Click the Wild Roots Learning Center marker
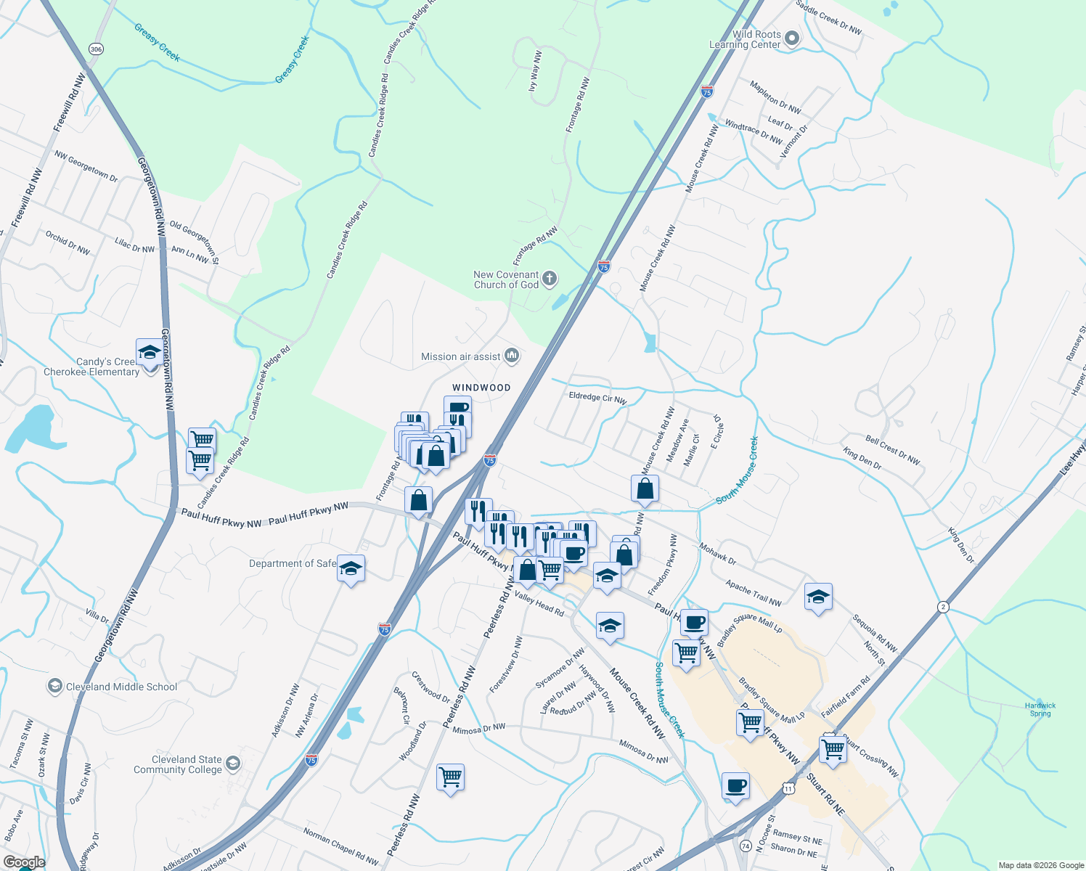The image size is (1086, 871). [x=792, y=38]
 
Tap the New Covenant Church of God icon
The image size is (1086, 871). [x=550, y=279]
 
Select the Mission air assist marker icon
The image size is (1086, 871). [x=513, y=356]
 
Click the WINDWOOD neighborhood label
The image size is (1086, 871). [x=481, y=388]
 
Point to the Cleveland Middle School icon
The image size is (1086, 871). [x=54, y=686]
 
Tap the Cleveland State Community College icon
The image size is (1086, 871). [x=232, y=763]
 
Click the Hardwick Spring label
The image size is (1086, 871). [x=1040, y=709]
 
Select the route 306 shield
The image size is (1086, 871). [x=96, y=49]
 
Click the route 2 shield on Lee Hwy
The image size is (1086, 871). [x=942, y=607]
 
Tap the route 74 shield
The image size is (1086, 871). [x=746, y=846]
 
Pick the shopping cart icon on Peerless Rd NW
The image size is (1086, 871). [x=450, y=777]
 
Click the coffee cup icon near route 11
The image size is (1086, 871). [x=735, y=786]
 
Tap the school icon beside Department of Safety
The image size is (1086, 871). [x=351, y=569]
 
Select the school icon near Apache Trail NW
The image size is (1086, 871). [x=818, y=597]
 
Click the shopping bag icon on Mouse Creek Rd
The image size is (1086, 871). [x=645, y=489]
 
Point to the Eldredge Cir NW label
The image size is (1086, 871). [x=597, y=398]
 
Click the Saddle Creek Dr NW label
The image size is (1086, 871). [x=828, y=17]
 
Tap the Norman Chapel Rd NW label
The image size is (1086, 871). [x=340, y=846]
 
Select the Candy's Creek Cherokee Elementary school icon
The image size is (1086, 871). [x=150, y=353]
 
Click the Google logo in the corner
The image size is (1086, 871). [x=24, y=862]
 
